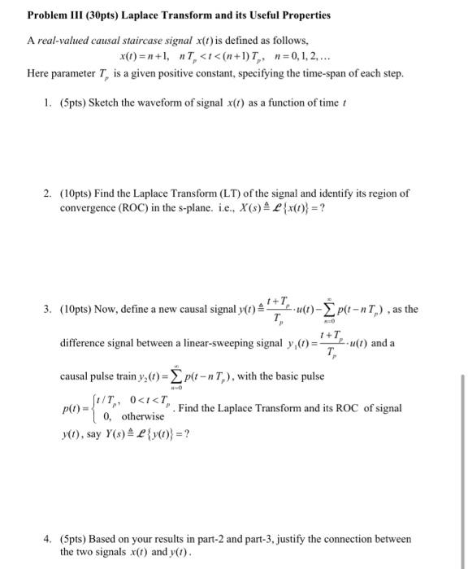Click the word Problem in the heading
48,15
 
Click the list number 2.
49,193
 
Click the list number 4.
49,539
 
